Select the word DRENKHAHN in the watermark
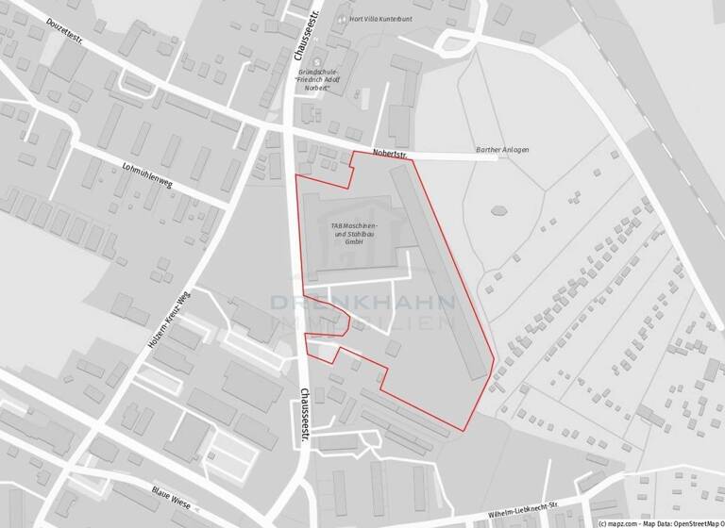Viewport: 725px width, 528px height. point(363,303)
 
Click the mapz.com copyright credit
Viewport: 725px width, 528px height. point(624,521)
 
